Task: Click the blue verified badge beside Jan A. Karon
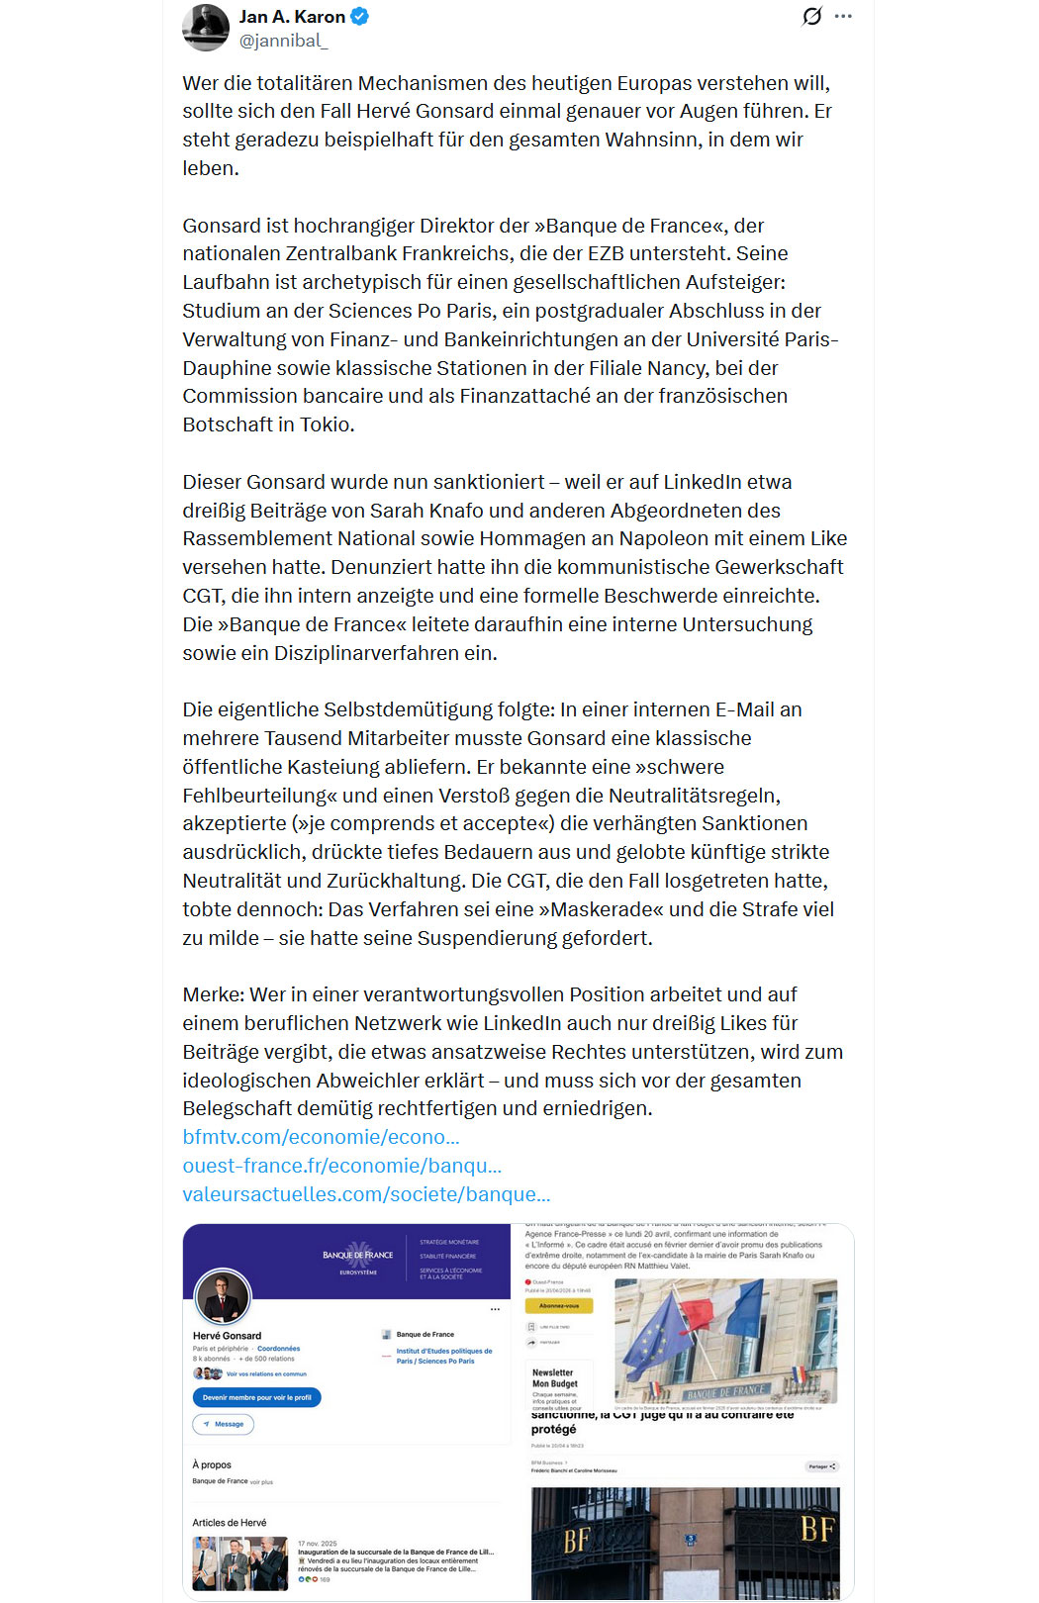(x=360, y=17)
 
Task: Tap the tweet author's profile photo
(x=206, y=28)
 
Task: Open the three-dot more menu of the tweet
(x=843, y=17)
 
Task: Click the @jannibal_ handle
(x=283, y=41)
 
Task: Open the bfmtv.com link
(x=321, y=1137)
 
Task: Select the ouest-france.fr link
(x=341, y=1166)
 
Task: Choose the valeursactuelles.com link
(x=366, y=1194)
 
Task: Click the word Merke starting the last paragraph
(x=213, y=994)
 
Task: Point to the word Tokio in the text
(x=327, y=424)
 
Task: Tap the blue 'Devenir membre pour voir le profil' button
(x=256, y=1397)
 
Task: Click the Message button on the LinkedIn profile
(x=224, y=1424)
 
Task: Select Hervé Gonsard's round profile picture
(x=223, y=1296)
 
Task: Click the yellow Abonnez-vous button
(x=559, y=1305)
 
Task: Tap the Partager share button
(x=821, y=1466)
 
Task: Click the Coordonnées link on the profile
(x=278, y=1349)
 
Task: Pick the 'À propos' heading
(x=212, y=1464)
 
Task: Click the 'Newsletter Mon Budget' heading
(x=554, y=1377)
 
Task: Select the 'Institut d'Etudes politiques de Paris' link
(x=443, y=1356)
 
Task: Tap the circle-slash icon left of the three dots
(x=811, y=17)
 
